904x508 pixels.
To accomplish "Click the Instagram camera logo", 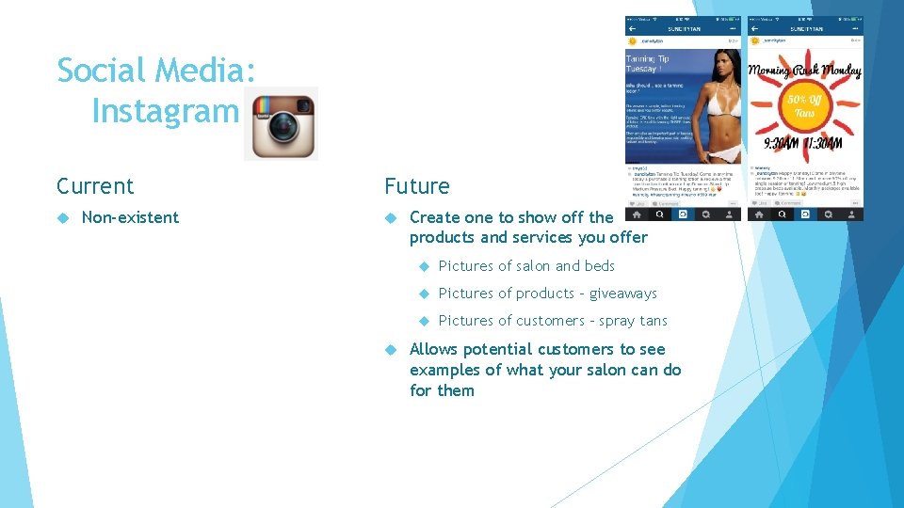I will coord(281,123).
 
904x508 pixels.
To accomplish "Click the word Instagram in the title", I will coord(166,111).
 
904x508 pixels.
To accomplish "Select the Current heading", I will coord(95,185).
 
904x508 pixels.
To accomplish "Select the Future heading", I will coord(416,185).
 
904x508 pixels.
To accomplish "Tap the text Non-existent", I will coord(130,217).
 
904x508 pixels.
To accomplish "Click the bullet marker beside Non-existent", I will coord(63,217).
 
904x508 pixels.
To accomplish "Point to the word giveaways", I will coord(622,294).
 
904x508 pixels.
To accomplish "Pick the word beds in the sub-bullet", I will coord(599,266).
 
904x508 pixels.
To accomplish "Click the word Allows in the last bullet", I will coord(434,349).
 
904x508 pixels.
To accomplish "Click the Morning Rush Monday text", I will coord(805,71).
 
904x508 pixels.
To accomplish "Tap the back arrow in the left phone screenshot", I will coord(632,29).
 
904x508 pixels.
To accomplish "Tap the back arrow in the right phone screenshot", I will coord(754,29).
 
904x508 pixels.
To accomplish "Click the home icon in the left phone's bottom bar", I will coord(637,214).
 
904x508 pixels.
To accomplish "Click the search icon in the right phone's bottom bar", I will coord(781,214).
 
